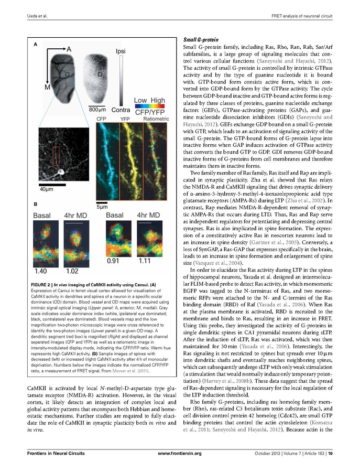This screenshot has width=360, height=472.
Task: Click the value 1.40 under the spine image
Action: click(x=41, y=272)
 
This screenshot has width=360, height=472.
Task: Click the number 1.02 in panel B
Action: click(x=73, y=272)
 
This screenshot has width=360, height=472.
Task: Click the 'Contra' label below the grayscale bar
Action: click(x=121, y=110)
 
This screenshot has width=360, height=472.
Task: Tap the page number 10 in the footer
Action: click(x=332, y=453)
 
